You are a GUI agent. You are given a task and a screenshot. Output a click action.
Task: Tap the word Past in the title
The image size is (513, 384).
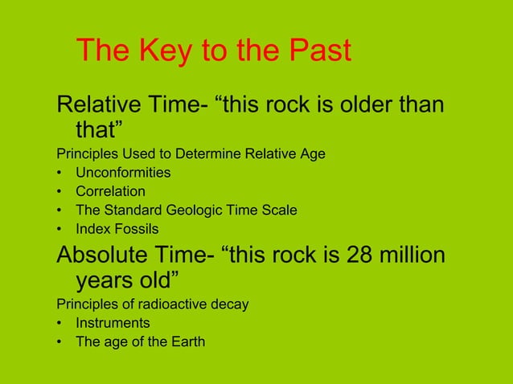(314, 51)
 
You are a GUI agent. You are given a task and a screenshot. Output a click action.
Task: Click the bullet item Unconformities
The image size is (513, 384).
(123, 172)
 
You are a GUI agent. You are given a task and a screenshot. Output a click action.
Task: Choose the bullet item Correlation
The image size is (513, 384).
(110, 191)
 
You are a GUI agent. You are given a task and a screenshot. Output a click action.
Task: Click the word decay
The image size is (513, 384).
(229, 304)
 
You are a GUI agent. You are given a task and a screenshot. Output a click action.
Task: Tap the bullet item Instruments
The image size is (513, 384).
(113, 323)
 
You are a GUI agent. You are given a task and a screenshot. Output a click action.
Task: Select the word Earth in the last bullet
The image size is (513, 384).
(187, 342)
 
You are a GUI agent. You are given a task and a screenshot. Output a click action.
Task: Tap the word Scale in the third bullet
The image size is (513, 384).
(281, 210)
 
